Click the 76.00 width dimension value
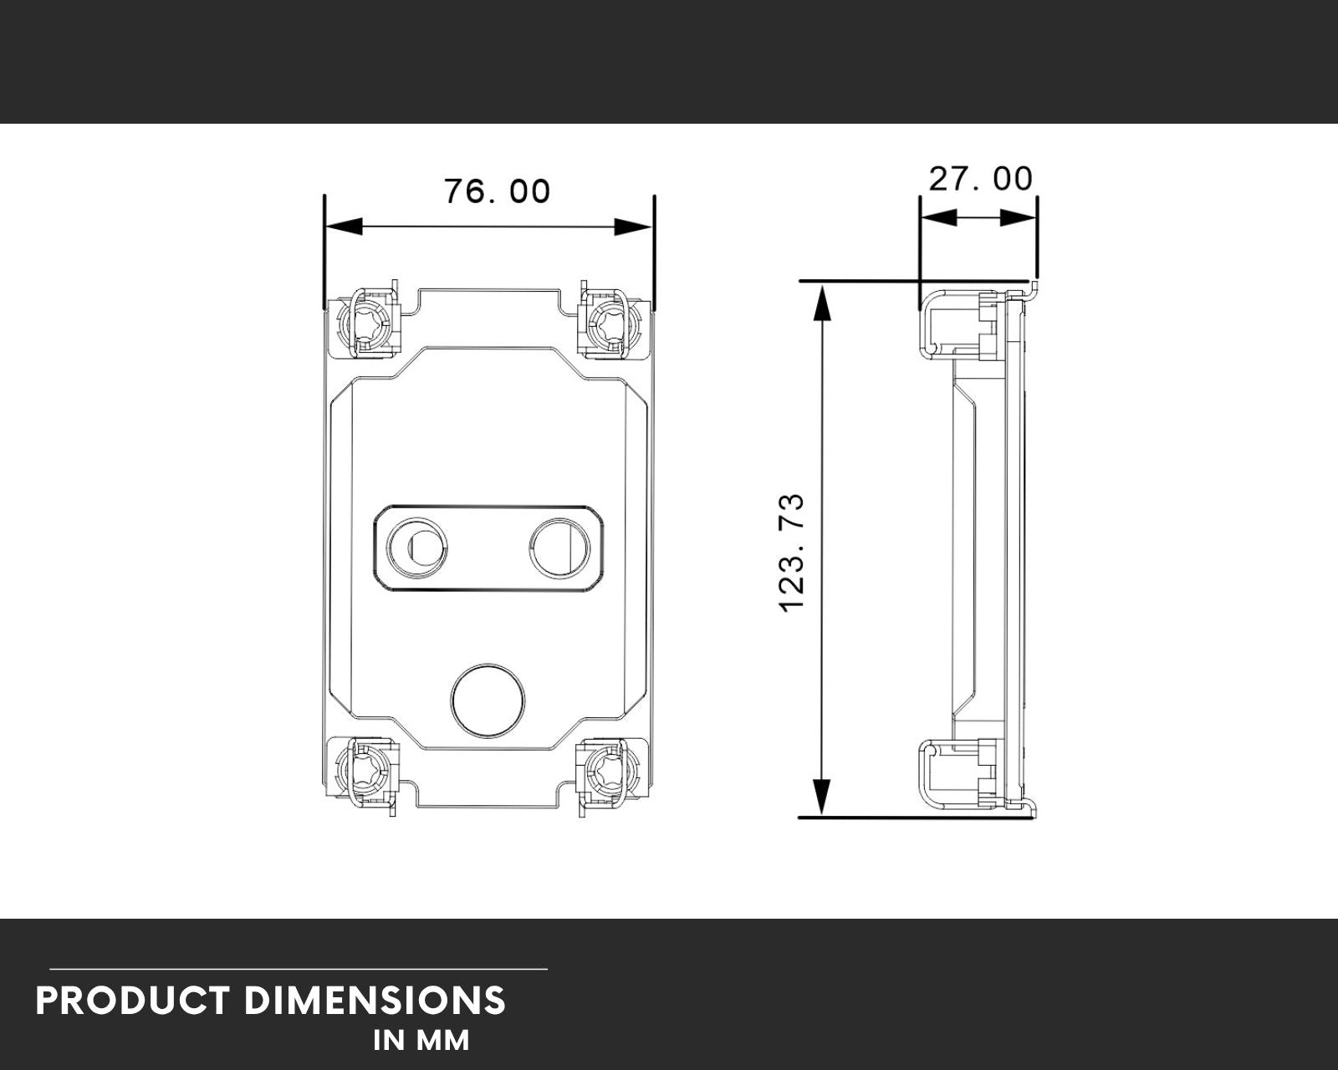coord(497,191)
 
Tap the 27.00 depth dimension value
coord(980,179)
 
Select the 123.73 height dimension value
coord(792,553)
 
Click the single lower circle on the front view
coord(488,700)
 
